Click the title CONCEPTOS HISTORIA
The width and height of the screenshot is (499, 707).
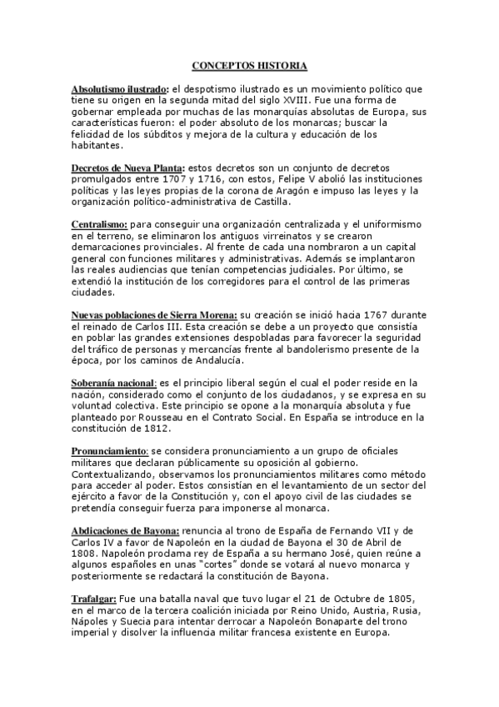pyautogui.click(x=249, y=65)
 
